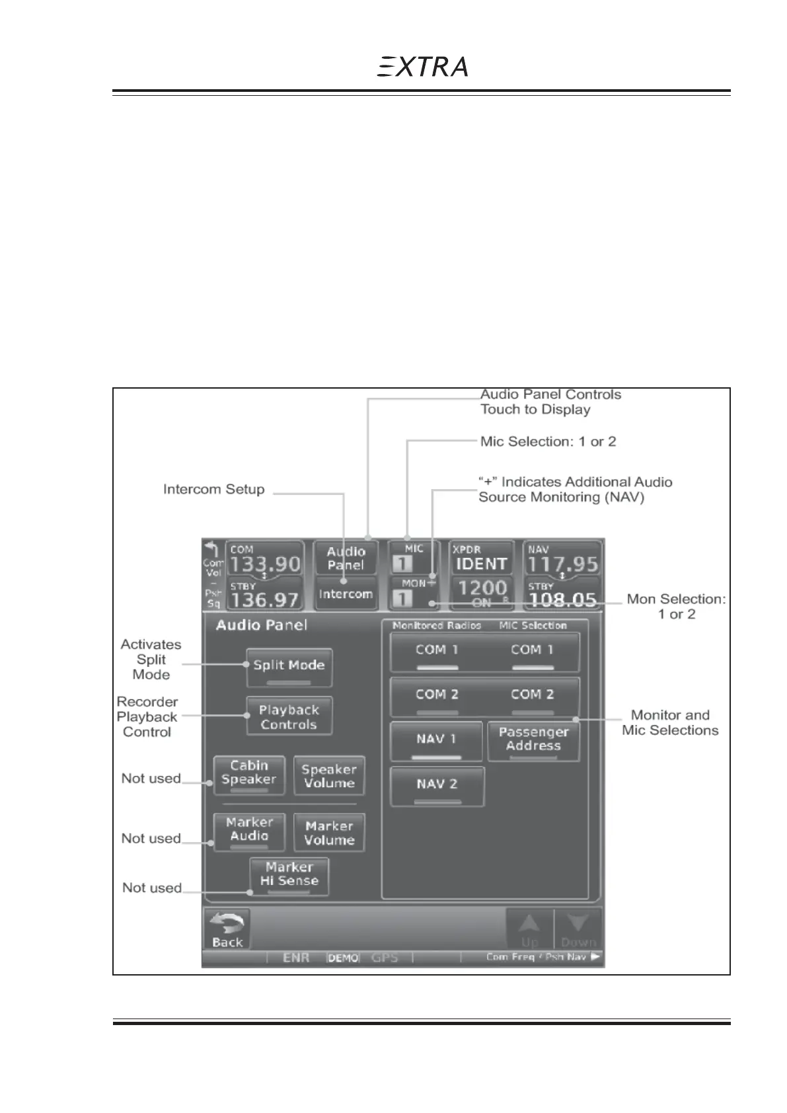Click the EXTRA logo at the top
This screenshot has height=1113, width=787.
coord(423,67)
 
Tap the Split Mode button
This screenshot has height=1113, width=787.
coord(289,667)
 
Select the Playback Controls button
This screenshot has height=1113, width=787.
coord(289,716)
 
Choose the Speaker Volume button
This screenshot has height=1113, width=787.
coord(328,776)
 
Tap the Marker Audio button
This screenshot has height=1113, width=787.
coord(249,831)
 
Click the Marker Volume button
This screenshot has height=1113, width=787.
coord(329,833)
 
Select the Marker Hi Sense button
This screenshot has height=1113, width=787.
coord(289,876)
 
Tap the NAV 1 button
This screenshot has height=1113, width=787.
coord(436,741)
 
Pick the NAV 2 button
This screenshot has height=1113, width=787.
coord(436,786)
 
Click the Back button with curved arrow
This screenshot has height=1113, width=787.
coord(227,929)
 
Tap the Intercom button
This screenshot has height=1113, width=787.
coord(345,594)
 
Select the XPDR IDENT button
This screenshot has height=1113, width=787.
coord(481,558)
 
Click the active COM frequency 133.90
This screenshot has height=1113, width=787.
coord(265,563)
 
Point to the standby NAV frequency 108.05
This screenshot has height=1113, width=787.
coord(562,599)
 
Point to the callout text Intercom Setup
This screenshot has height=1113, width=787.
coord(213,490)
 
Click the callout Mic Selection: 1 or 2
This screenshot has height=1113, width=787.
coord(548,441)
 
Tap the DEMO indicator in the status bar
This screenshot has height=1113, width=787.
coord(343,958)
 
